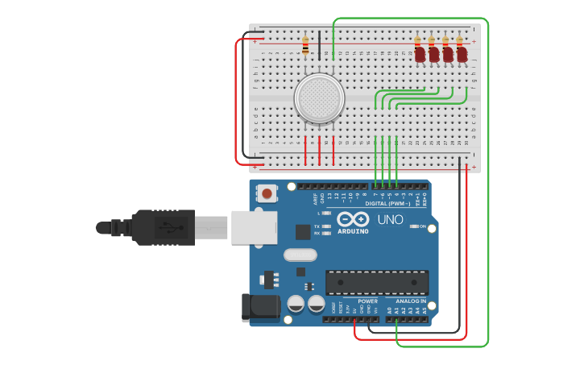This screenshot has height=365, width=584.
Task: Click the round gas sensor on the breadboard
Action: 320,98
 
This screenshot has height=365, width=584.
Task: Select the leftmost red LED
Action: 420,54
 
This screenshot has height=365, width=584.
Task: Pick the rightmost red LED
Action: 462,54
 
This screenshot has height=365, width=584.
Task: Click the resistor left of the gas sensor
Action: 305,46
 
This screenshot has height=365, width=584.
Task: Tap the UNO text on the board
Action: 390,220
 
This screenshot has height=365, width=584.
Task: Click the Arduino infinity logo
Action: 353,219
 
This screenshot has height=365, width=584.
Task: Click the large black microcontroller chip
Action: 376,282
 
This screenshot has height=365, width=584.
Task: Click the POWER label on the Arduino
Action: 367,301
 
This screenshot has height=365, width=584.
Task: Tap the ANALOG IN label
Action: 411,301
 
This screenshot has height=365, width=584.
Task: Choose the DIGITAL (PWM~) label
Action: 387,204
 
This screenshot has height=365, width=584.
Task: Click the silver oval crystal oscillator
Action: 300,255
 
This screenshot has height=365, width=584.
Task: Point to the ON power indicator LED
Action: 416,226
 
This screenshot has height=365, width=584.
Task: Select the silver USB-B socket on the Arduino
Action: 254,227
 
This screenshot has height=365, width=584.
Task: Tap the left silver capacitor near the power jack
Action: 296,304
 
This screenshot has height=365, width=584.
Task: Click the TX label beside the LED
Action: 317,226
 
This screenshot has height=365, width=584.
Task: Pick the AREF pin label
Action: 315,196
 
